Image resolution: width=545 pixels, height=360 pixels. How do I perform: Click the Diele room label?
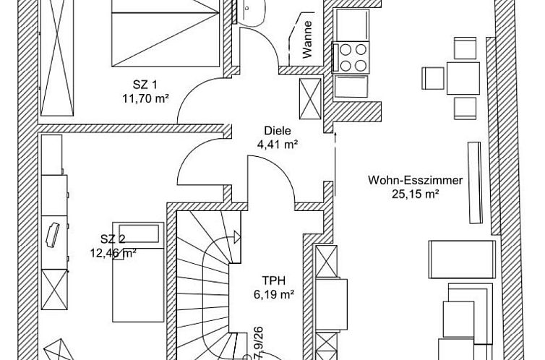tap(278, 131)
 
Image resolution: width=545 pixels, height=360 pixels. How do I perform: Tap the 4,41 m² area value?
tap(278, 144)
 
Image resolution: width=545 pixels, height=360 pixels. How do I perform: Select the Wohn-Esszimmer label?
tap(416, 180)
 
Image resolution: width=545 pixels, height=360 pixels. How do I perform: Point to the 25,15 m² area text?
tap(416, 194)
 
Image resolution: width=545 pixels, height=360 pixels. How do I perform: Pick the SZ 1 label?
tap(145, 85)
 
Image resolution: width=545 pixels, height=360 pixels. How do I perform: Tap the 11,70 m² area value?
tap(145, 99)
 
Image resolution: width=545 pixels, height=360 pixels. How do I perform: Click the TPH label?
tap(274, 280)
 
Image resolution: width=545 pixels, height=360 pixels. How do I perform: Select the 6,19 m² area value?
tap(274, 295)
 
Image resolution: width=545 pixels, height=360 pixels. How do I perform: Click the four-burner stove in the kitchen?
tap(351, 57)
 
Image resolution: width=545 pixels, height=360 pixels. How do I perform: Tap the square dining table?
tap(463, 78)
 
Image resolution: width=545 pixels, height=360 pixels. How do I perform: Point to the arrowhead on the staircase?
tap(237, 237)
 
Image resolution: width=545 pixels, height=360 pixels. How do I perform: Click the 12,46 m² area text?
tap(113, 252)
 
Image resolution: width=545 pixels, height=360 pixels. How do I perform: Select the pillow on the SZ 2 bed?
tap(139, 233)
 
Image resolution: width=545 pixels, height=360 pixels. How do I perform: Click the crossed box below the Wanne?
tap(310, 99)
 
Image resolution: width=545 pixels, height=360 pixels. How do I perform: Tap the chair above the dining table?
tap(465, 48)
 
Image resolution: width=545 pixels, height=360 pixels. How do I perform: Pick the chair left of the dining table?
tap(433, 78)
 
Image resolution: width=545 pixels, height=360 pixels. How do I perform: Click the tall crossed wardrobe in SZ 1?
tap(57, 58)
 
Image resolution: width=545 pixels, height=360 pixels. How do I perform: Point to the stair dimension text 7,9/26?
tap(259, 342)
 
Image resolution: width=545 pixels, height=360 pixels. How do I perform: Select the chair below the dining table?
tap(465, 108)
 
